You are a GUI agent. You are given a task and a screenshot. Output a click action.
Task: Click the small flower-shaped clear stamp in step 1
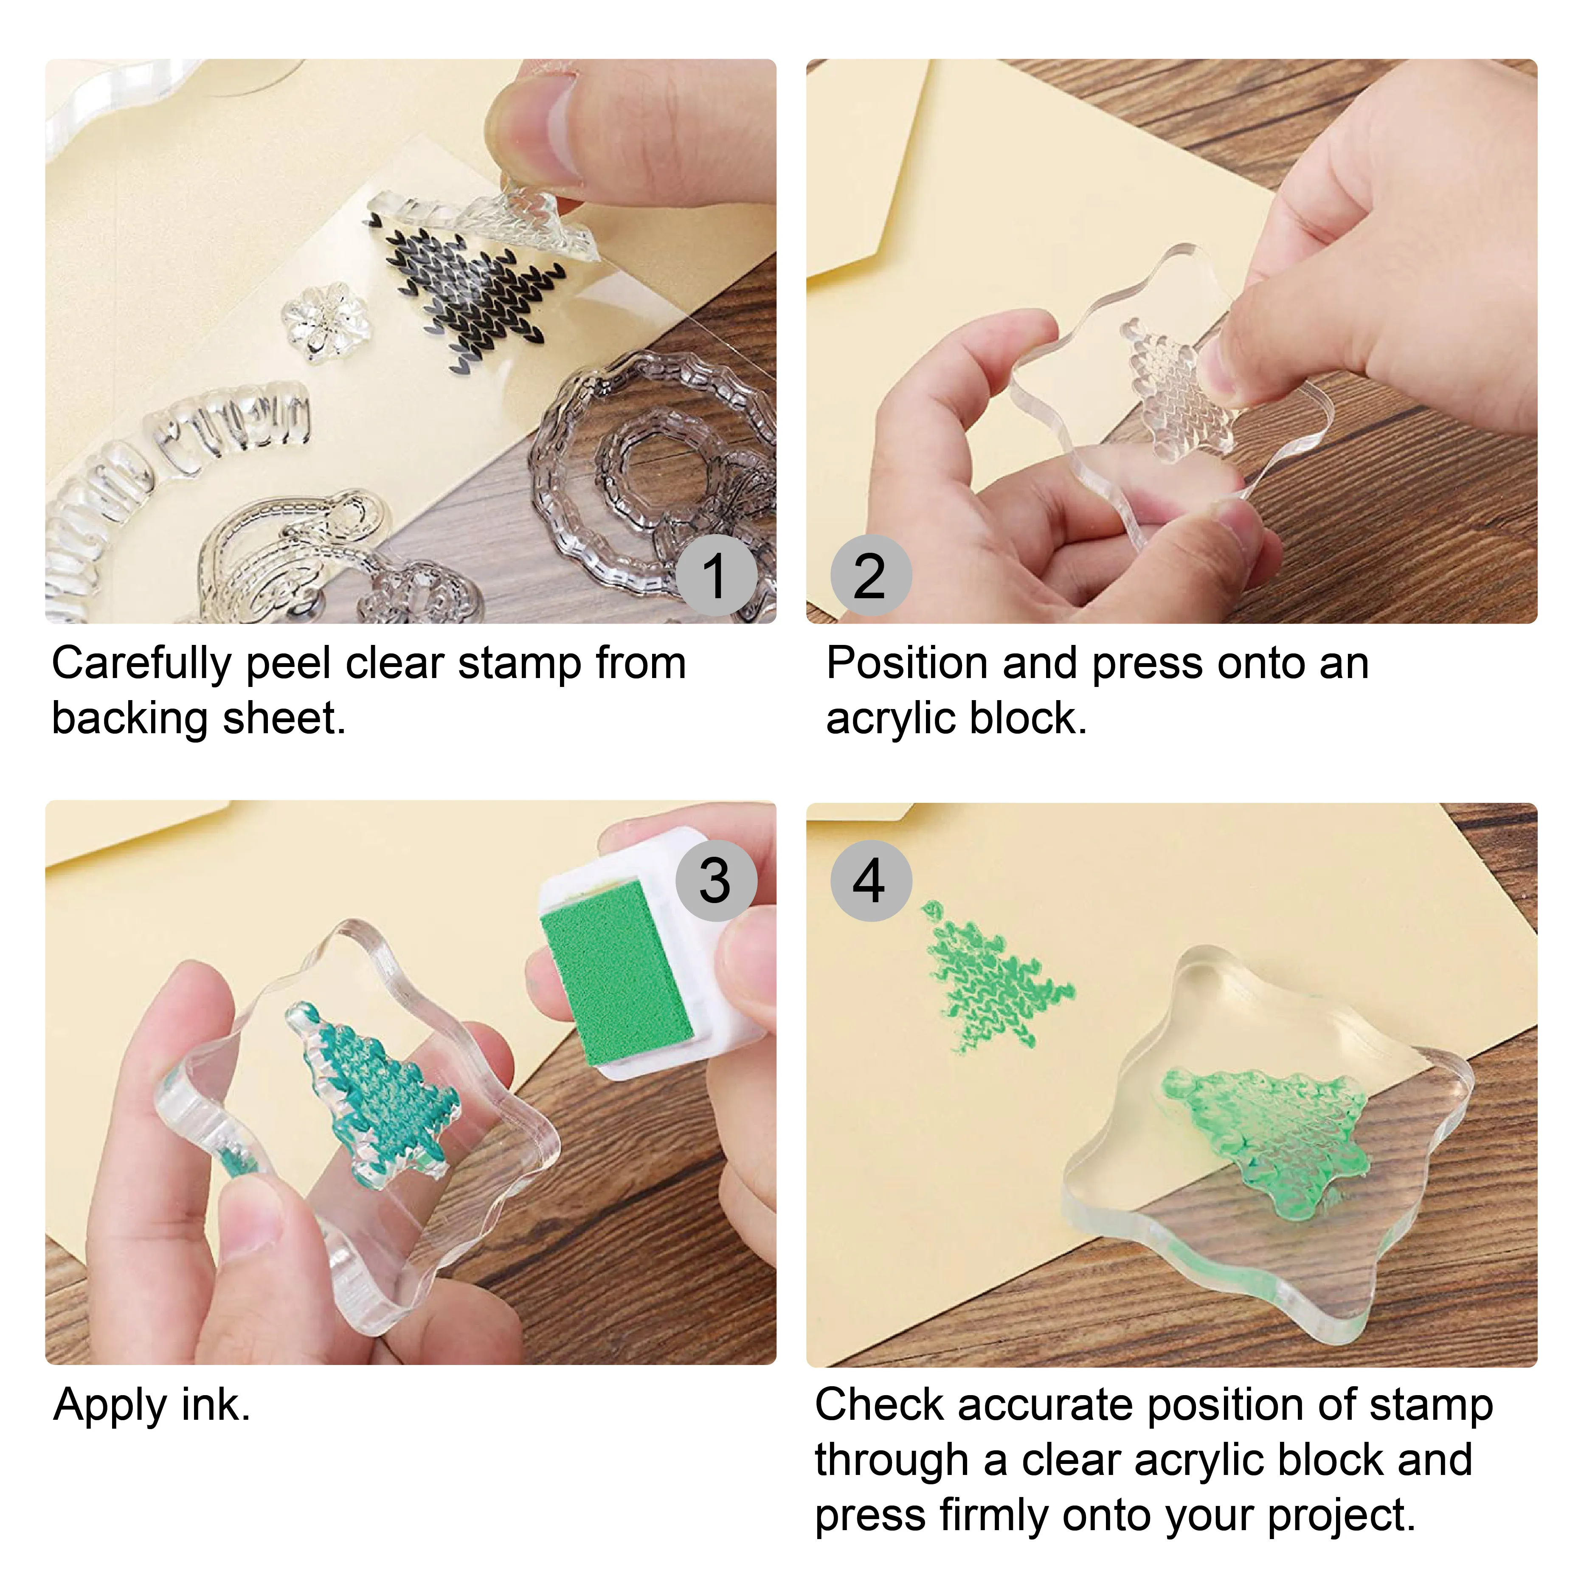pos(325,321)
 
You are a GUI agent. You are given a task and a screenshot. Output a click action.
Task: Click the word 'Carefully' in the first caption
pos(141,664)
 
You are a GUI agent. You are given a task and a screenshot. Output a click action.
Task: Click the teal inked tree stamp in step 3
pos(372,1088)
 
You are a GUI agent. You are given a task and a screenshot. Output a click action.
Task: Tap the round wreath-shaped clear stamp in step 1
pos(655,467)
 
